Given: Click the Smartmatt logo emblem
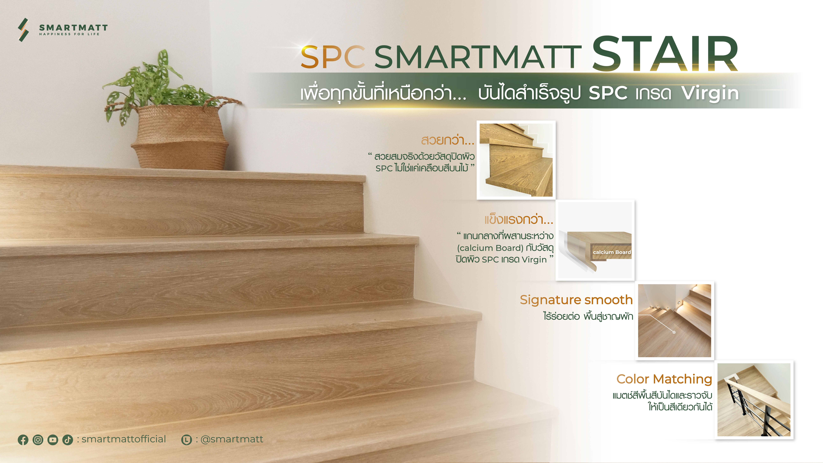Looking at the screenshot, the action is click(x=23, y=30).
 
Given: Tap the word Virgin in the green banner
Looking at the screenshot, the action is click(x=710, y=93).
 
